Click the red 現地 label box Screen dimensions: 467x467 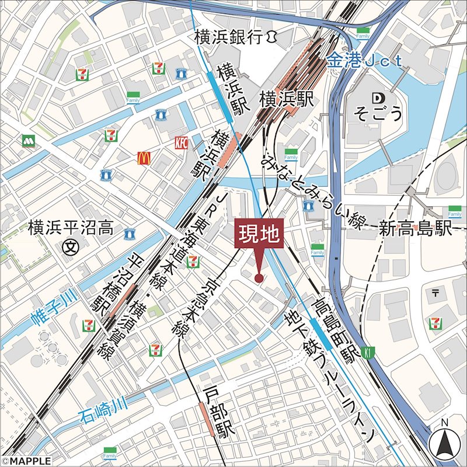tap(259, 235)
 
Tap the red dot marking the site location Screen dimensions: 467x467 tap(259, 278)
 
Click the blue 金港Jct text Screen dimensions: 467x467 tap(365, 60)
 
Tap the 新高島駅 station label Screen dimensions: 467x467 tap(416, 228)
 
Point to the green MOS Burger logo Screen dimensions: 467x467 tap(27, 140)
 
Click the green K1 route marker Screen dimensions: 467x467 tap(367, 352)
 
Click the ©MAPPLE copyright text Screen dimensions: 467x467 tap(26, 461)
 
